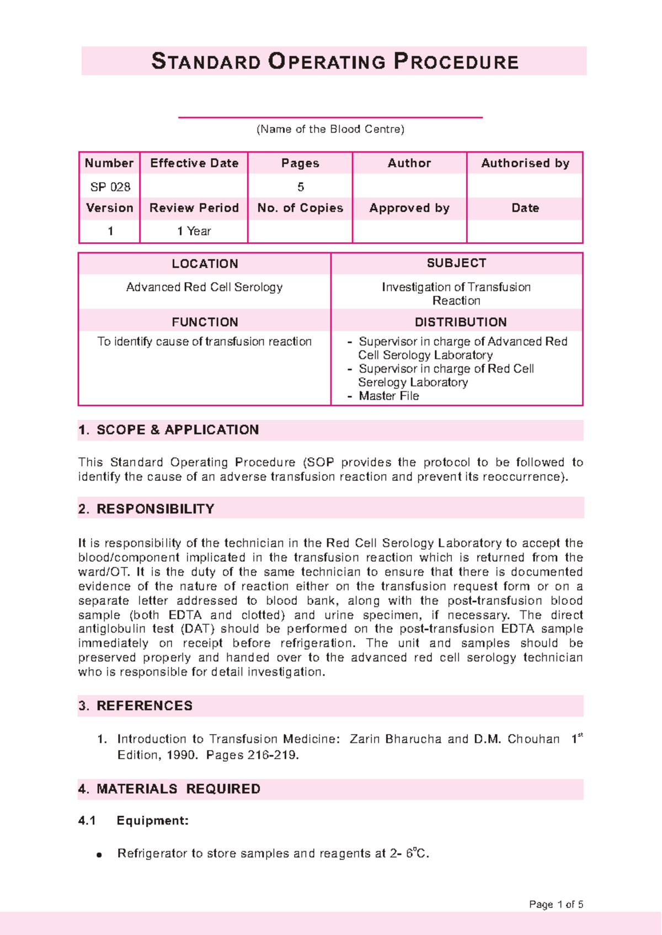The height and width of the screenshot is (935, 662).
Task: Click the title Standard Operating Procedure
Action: pos(334,61)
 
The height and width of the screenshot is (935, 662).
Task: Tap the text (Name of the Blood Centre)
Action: pos(330,129)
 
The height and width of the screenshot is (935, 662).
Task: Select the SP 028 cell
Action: pos(110,187)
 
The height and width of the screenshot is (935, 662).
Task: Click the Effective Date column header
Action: pos(194,163)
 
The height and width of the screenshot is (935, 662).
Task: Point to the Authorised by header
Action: pos(525,163)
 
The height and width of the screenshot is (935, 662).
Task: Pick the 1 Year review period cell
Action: pos(194,231)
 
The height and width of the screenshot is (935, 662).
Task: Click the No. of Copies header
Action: pos(300,208)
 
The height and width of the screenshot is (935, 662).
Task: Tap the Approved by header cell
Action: pos(409,208)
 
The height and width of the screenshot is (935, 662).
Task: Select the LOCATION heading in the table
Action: pos(205,264)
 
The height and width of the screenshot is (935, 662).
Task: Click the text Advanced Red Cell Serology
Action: pos(204,287)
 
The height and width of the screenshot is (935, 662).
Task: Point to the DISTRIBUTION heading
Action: pos(460,322)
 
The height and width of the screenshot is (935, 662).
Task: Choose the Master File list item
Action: pos(388,396)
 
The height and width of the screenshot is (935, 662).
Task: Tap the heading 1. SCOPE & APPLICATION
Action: pos(168,430)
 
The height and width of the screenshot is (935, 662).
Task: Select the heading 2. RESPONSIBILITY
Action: pos(146,509)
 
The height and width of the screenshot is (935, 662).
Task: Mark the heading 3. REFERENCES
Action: pos(136,706)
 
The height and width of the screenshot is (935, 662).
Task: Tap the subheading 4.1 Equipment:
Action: pos(134,821)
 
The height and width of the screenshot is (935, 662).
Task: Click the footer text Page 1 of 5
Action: pos(556,905)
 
